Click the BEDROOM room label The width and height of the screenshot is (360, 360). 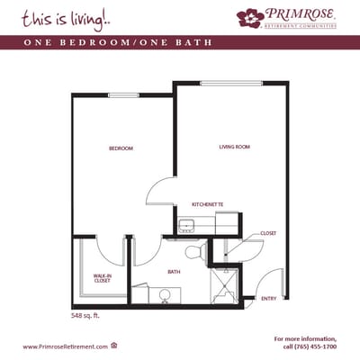point(121,148)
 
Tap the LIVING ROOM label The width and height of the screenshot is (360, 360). point(234,147)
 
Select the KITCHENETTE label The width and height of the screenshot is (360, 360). point(207,204)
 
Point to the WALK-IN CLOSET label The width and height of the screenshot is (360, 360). point(102,278)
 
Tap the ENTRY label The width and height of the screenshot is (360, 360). point(269,298)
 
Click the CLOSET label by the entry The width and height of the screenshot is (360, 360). point(268,233)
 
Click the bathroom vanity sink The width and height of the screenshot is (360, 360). point(164,295)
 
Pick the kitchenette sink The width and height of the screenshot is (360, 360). point(186,225)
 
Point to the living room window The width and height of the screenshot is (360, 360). point(232,84)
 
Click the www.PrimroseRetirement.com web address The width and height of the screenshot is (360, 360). point(65,346)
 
